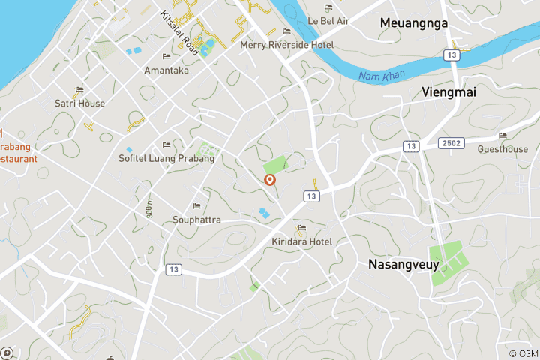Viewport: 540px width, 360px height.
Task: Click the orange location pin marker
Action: point(270,180)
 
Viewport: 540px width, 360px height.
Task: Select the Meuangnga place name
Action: point(413,23)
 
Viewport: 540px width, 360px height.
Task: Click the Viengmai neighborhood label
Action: point(449,91)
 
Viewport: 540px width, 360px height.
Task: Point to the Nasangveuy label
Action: point(403,264)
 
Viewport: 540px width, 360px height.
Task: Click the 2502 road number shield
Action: point(452,142)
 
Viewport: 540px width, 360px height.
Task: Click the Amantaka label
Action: point(166,70)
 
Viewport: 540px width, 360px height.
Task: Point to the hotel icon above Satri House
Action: point(79,90)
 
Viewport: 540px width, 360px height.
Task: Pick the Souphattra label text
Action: point(196,220)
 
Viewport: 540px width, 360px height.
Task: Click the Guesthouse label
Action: point(502,149)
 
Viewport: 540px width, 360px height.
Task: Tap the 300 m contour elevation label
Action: point(150,208)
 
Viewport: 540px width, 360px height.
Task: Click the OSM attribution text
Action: point(522,353)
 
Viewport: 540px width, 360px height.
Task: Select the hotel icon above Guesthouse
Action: point(502,136)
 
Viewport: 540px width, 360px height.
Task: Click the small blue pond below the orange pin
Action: point(263,214)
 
